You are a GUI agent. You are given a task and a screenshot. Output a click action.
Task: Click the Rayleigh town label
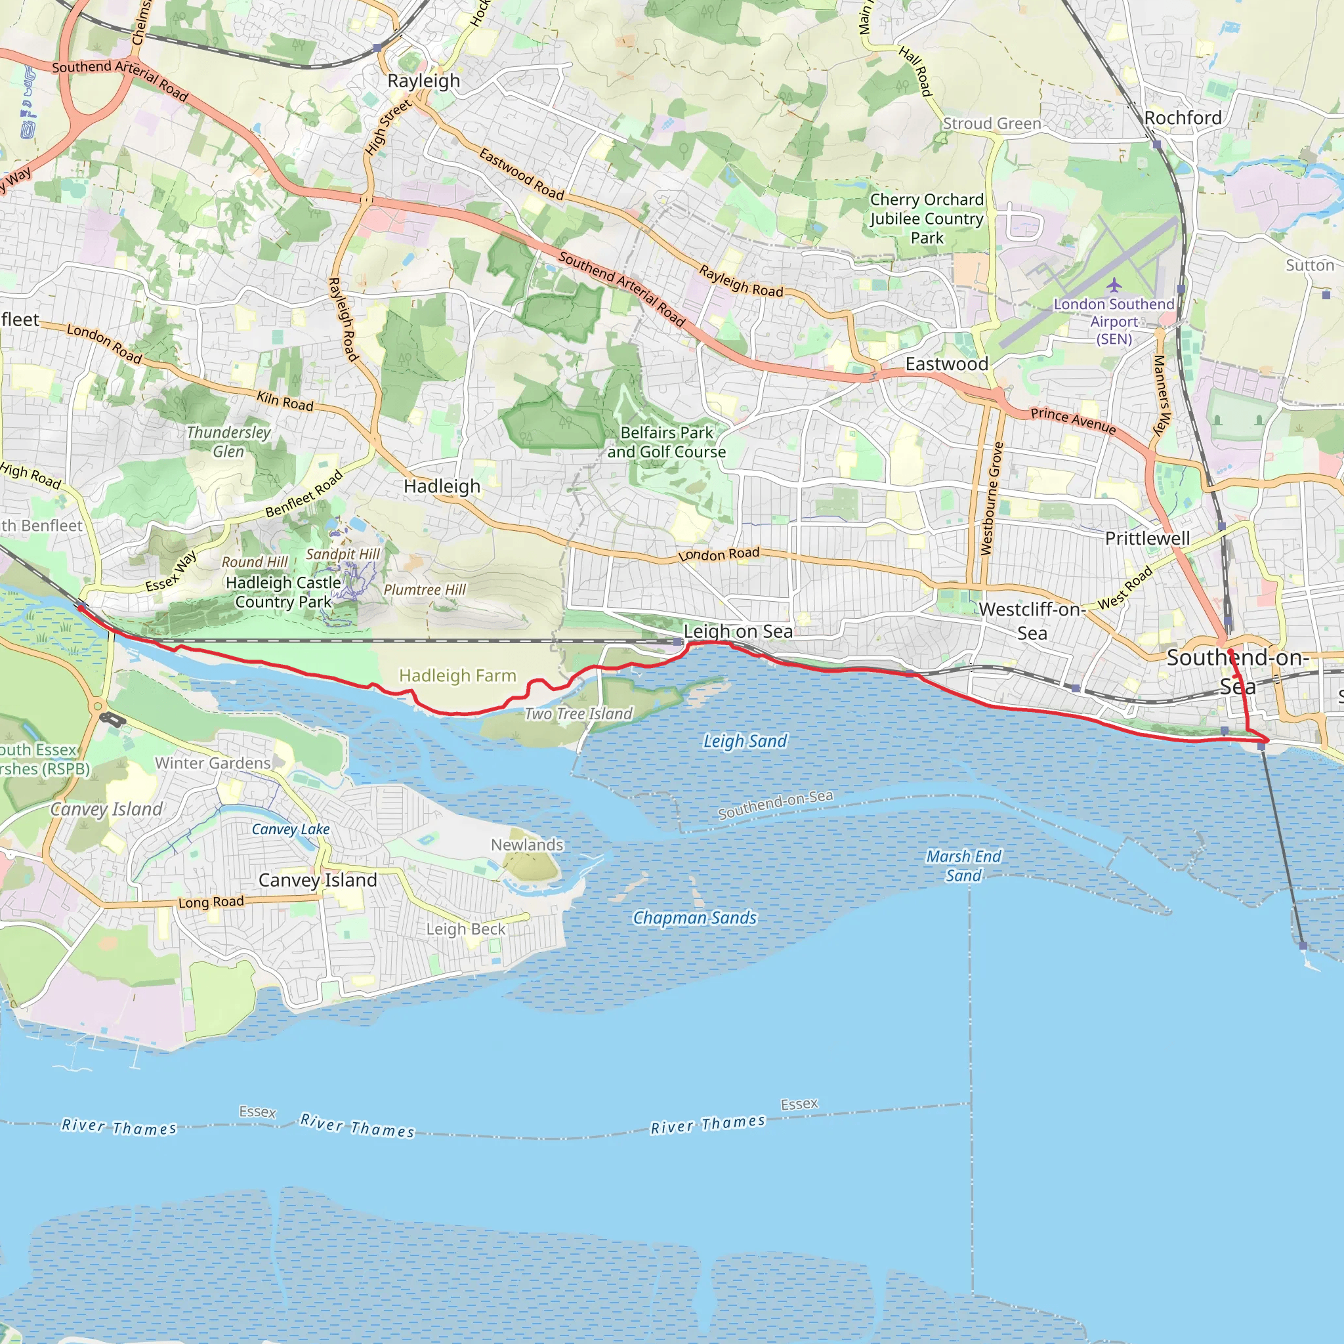pos(424,81)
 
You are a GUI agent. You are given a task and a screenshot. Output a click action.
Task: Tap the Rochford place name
pos(1183,117)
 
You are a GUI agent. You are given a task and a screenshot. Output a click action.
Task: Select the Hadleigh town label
pos(442,486)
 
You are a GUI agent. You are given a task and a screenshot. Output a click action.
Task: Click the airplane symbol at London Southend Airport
pos(1114,285)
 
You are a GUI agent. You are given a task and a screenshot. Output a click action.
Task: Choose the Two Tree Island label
pos(578,714)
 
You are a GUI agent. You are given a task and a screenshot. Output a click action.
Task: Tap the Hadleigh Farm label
pos(457,675)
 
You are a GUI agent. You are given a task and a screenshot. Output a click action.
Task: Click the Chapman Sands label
pos(694,918)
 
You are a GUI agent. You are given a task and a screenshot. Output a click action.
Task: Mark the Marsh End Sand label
pos(963,866)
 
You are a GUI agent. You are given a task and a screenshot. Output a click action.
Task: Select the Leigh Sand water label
pos(745,741)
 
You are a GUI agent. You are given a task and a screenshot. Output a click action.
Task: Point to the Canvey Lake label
pos(291,829)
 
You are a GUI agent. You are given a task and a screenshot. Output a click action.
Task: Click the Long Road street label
pos(211,902)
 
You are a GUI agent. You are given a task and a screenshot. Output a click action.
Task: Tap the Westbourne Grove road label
pos(990,498)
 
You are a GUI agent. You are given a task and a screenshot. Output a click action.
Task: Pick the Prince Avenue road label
pos(1073,420)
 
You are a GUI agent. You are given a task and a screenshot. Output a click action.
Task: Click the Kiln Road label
pos(285,401)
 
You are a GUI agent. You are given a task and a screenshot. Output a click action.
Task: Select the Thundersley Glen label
pos(228,442)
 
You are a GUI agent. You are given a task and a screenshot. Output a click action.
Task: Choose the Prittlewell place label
pos(1147,537)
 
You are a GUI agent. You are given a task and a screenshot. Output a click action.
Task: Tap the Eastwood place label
pos(946,364)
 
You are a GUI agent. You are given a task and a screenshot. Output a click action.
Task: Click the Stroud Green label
pos(992,124)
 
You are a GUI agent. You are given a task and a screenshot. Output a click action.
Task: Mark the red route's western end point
pos(81,608)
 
